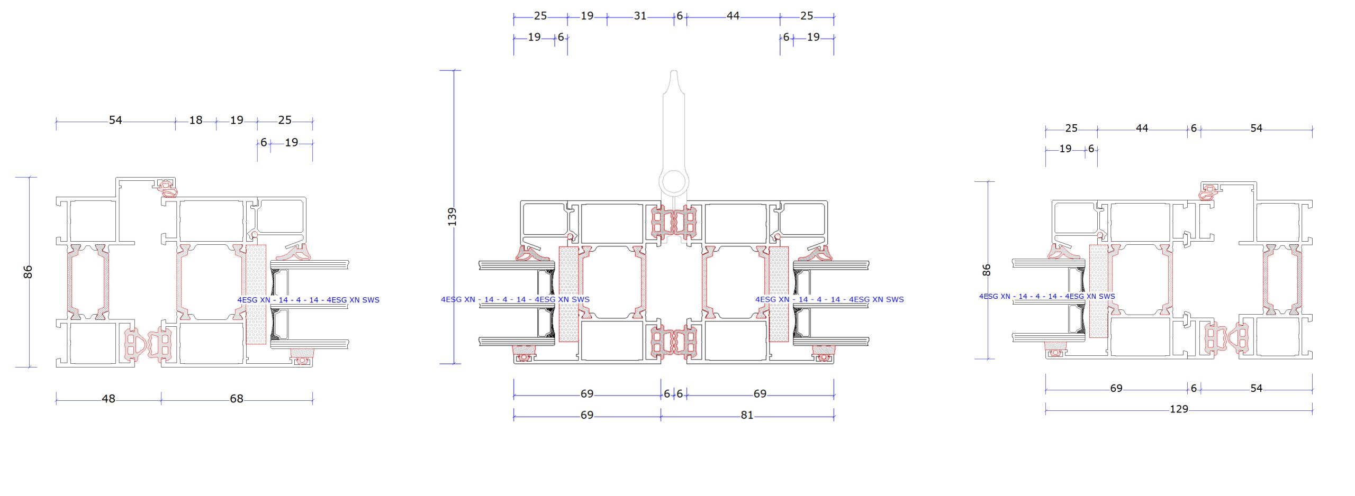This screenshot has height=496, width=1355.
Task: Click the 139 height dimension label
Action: (451, 217)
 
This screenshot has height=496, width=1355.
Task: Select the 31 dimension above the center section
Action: (640, 16)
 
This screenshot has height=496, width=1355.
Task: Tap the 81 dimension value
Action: (747, 415)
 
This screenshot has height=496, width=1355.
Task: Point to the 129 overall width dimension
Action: (1179, 409)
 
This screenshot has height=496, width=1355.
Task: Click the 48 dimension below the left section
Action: (109, 399)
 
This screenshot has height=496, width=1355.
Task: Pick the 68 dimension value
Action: (237, 399)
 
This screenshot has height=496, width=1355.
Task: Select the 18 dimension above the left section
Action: (196, 120)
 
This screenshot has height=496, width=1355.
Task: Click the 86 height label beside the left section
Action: (28, 272)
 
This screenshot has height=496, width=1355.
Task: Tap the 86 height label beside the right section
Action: (986, 270)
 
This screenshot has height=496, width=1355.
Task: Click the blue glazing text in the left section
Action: (308, 300)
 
